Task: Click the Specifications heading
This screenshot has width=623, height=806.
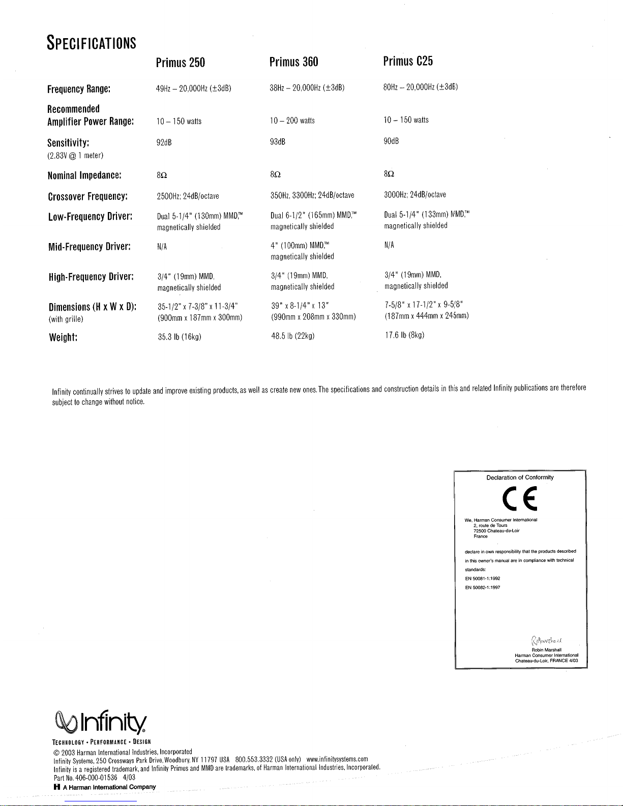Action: pos(92,42)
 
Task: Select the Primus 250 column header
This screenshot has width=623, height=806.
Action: pos(181,63)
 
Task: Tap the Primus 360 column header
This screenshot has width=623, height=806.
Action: pos(294,62)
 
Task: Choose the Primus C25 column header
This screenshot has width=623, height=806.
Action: pos(408,62)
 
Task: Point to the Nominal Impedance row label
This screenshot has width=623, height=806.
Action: pos(84,175)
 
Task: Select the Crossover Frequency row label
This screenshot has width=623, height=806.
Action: pos(87,196)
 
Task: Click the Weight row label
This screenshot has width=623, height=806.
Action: pos(63,338)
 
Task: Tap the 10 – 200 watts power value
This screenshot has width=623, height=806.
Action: pos(293,121)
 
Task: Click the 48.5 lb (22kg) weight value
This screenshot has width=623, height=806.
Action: pos(293,336)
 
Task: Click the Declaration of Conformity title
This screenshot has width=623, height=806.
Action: pos(520,477)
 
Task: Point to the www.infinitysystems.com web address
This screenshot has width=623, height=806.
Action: pos(337,759)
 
